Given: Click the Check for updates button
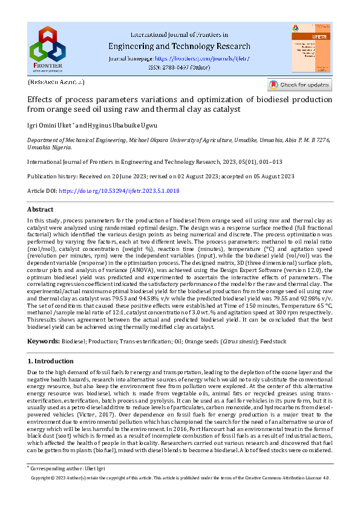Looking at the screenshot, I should [299, 85].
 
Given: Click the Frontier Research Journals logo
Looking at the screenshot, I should [48, 48].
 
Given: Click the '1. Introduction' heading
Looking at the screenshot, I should [51, 361].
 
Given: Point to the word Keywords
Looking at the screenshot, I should [43, 342].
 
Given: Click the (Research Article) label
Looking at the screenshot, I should [56, 82].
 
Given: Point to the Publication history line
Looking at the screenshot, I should [160, 176].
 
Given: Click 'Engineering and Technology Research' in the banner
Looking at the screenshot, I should [179, 46].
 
